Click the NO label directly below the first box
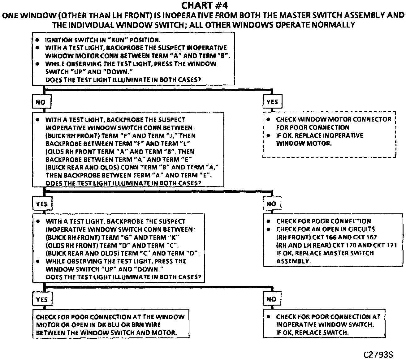(x=41, y=102)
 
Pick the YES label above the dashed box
(x=272, y=102)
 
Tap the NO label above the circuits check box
(x=271, y=204)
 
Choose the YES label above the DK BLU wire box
(x=41, y=299)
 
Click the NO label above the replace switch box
(x=271, y=299)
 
